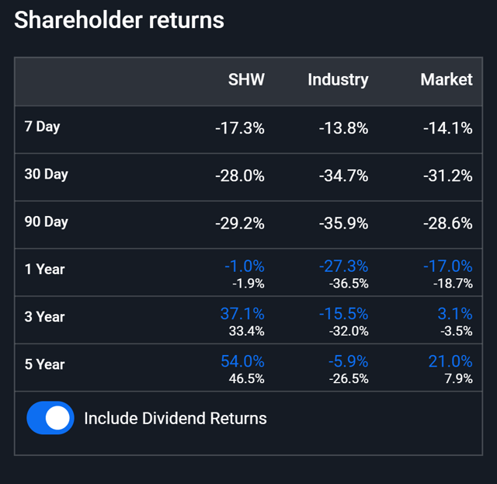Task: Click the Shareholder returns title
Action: (119, 19)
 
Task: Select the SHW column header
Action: (246, 79)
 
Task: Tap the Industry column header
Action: (338, 79)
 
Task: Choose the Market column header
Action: (446, 79)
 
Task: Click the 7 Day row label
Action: (42, 127)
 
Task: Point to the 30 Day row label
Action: (46, 174)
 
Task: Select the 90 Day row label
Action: (46, 221)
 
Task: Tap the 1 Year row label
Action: (44, 270)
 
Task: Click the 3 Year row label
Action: (44, 317)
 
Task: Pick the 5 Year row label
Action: (44, 364)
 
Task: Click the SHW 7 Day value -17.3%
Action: (239, 128)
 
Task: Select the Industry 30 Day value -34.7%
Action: (342, 176)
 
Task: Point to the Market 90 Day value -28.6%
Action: (447, 223)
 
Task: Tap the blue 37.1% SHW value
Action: (244, 313)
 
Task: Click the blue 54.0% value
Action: (244, 360)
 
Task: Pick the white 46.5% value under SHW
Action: (247, 378)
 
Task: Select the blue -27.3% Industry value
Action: (342, 266)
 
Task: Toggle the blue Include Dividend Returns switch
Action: (50, 418)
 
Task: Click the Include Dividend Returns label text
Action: (175, 418)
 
